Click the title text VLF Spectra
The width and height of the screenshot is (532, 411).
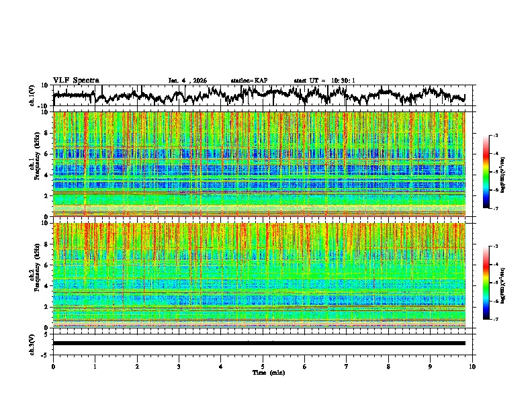point(76,80)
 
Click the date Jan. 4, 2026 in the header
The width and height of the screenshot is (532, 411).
point(187,81)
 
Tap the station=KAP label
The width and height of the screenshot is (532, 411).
point(249,81)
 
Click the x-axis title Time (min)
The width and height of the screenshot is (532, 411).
point(268,372)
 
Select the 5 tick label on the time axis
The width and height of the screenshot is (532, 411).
point(263,366)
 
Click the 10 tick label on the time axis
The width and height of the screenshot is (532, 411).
point(472,366)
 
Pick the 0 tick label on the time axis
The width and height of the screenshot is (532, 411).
point(53,366)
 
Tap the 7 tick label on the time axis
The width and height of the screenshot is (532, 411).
point(347,366)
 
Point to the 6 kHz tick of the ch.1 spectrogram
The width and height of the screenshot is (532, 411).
point(47,154)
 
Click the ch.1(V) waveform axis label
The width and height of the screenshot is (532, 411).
point(33,95)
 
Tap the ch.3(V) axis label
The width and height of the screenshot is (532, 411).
point(33,343)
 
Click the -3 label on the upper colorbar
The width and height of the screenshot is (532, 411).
point(496,136)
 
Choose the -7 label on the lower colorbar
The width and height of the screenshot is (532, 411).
point(496,320)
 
